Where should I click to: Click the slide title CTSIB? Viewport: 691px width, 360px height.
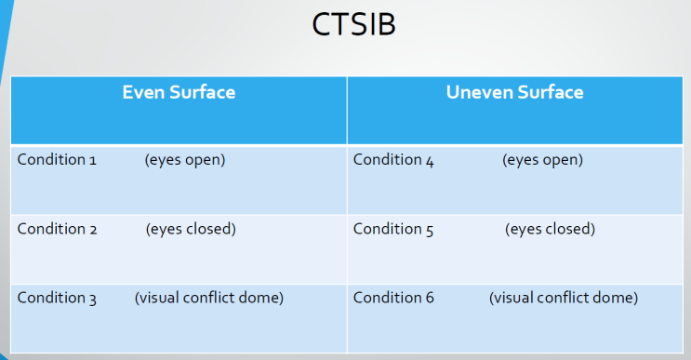[353, 25]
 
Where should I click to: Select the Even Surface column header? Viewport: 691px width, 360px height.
[179, 92]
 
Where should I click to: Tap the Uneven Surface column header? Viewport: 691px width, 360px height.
[514, 92]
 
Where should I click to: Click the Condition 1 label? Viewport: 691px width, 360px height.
[57, 160]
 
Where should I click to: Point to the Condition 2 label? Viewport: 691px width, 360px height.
[57, 229]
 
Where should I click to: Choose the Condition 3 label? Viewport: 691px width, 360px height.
[57, 298]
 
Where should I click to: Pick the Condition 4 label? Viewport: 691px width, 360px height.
[393, 160]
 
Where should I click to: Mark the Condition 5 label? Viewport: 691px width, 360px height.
[393, 229]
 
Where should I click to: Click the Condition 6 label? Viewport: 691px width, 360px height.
[393, 298]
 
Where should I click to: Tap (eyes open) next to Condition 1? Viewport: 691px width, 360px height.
[185, 160]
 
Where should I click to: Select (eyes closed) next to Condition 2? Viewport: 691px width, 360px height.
[191, 229]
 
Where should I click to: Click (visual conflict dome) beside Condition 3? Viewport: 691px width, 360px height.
[209, 298]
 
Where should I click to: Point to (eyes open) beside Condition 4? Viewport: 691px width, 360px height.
[542, 160]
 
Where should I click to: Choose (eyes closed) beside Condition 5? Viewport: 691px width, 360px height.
[550, 229]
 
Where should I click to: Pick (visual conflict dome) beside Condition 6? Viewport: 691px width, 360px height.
[564, 298]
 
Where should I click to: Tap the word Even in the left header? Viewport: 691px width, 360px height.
[142, 92]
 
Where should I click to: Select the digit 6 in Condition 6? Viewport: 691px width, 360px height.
[429, 298]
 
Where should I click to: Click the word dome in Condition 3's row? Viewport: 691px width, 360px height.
[262, 298]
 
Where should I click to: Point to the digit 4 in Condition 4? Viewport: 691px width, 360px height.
[429, 161]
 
